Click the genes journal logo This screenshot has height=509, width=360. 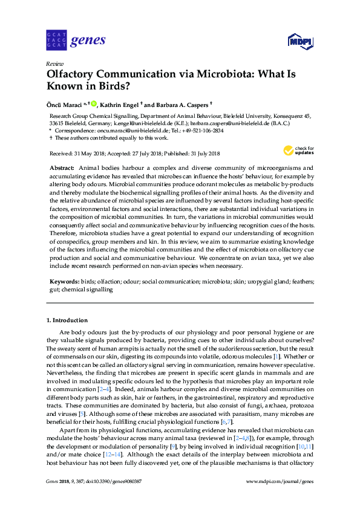[76, 41]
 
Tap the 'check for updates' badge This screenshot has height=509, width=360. [296, 151]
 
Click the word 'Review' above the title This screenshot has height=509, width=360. [54, 63]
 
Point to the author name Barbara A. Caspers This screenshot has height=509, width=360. [182, 105]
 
